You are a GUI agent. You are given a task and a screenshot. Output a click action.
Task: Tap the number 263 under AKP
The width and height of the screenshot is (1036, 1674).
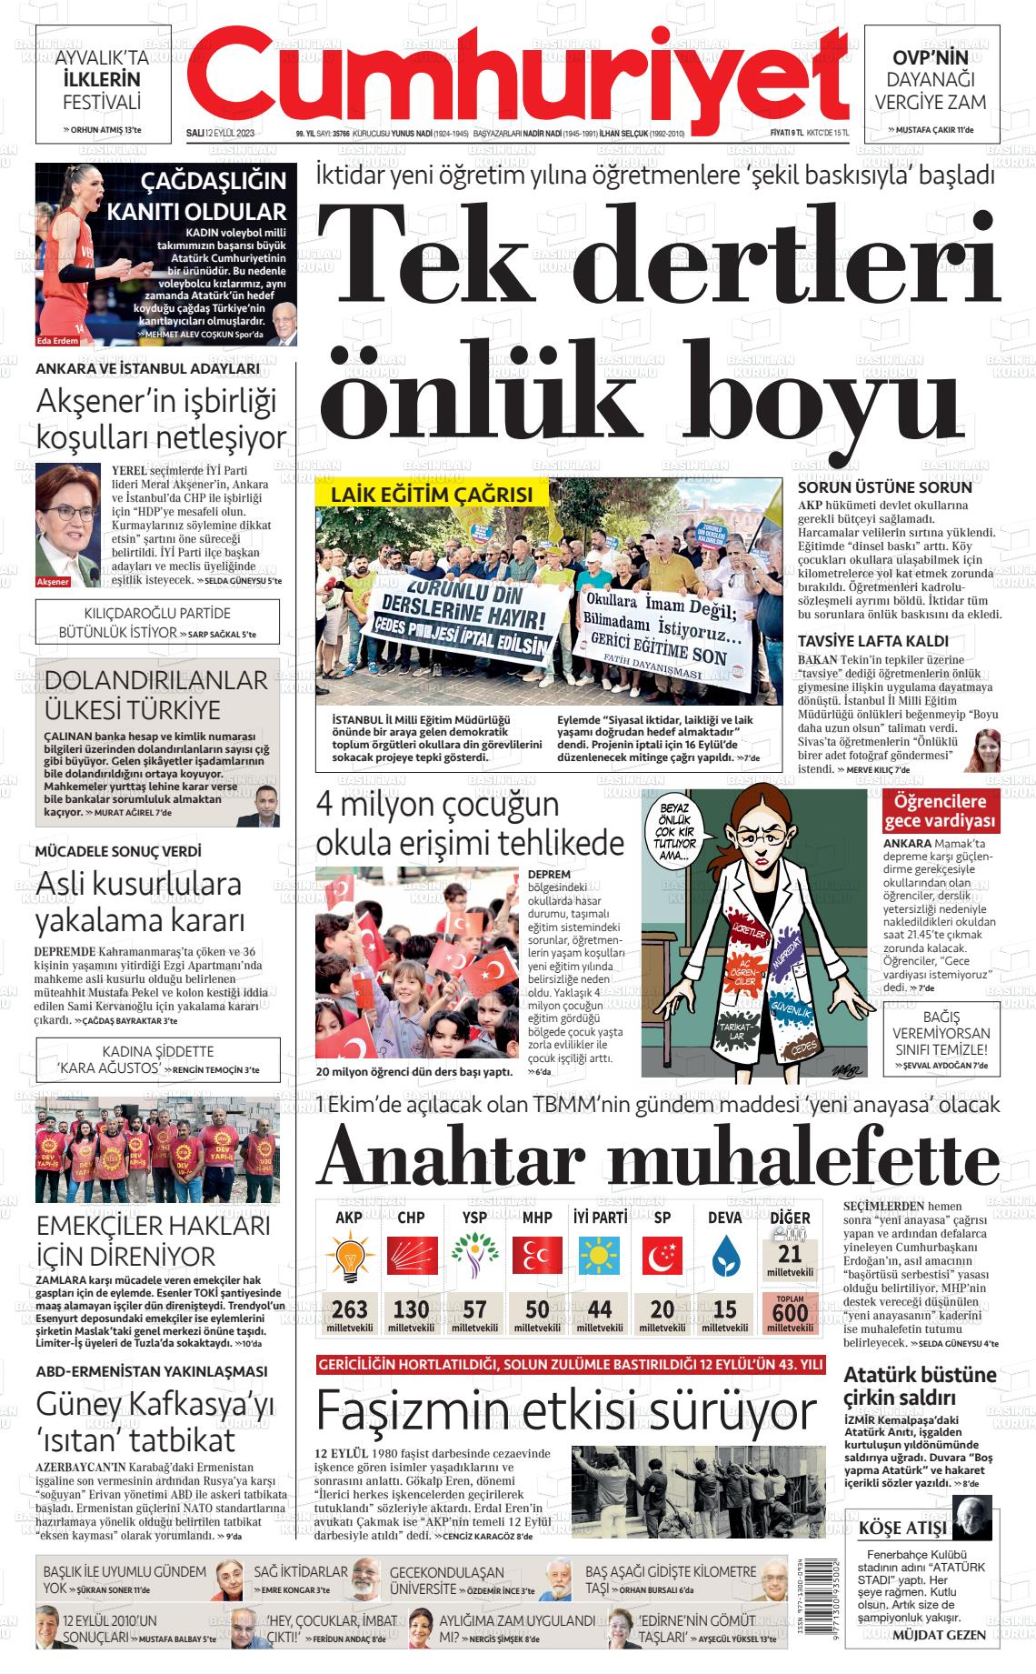point(350,1309)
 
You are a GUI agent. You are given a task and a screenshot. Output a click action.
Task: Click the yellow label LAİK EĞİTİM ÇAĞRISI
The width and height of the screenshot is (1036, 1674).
point(432,495)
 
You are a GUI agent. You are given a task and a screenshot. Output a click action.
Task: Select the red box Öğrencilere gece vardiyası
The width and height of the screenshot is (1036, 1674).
point(941,812)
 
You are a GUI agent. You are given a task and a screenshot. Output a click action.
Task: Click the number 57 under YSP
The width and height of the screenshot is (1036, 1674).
point(474,1309)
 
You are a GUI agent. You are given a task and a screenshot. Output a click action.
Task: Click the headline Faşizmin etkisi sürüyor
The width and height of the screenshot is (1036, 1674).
point(565,1412)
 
